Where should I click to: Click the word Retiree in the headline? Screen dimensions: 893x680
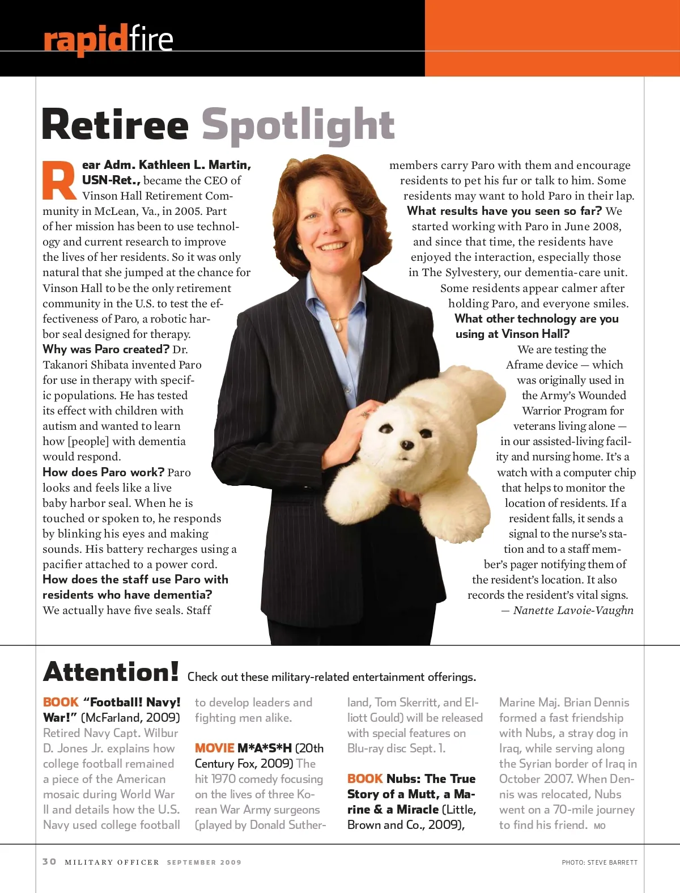pos(115,125)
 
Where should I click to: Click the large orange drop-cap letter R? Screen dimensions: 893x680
pos(59,181)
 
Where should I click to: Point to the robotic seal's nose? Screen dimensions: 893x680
pos(407,445)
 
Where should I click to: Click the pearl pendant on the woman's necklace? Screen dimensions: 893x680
pos(338,325)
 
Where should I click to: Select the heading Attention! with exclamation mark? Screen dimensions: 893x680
pos(111,672)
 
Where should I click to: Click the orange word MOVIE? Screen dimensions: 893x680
pos(214,748)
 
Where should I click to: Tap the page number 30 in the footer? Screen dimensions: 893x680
pos(49,862)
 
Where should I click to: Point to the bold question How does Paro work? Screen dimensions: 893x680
pos(103,472)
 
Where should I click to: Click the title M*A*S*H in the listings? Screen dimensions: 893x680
pos(264,748)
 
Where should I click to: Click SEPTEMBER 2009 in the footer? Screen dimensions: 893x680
pos(204,862)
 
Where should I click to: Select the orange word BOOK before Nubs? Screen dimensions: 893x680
pos(365,779)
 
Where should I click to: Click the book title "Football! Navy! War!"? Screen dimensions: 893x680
pos(111,710)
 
